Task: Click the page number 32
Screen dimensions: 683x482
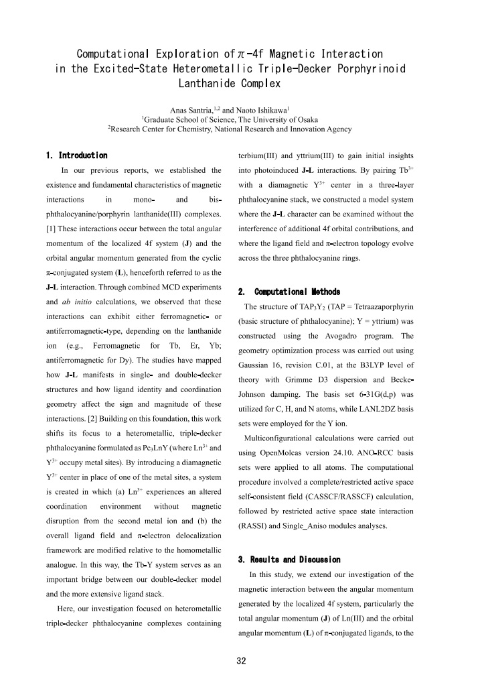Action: [241, 661]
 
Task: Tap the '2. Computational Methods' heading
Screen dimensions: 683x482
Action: [289, 292]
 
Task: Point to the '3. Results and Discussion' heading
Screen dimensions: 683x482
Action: [289, 560]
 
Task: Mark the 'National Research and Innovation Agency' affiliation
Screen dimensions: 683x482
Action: [289, 129]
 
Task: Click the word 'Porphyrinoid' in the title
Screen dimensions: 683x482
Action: [377, 69]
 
